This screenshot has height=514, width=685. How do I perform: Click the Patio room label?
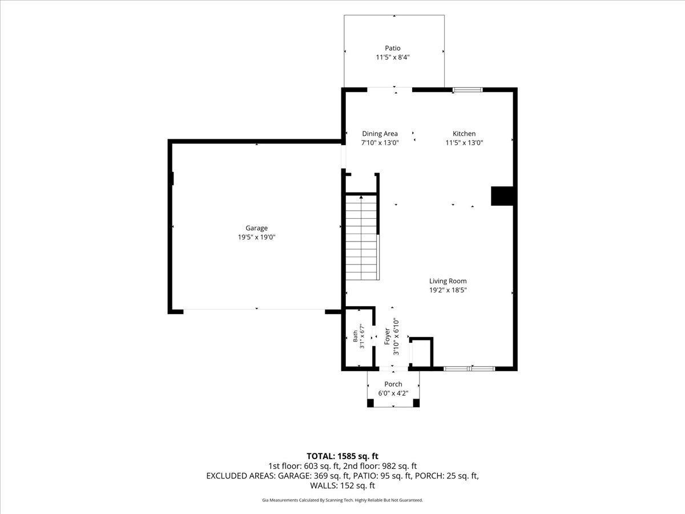pyautogui.click(x=393, y=48)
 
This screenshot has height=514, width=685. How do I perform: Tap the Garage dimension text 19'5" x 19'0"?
pyautogui.click(x=256, y=237)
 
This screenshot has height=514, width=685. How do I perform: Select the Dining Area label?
pyautogui.click(x=380, y=134)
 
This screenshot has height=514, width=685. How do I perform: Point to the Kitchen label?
pyautogui.click(x=464, y=134)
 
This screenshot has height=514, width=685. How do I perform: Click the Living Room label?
pyautogui.click(x=448, y=281)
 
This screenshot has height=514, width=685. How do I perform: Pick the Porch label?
pyautogui.click(x=393, y=384)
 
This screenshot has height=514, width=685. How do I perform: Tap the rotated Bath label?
pyautogui.click(x=355, y=336)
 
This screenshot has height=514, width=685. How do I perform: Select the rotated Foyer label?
pyautogui.click(x=387, y=336)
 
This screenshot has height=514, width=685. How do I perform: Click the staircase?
pyautogui.click(x=361, y=237)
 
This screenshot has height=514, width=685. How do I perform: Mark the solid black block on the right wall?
pyautogui.click(x=502, y=196)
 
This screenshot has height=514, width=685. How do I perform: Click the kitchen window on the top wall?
pyautogui.click(x=468, y=90)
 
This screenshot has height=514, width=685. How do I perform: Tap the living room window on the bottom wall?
pyautogui.click(x=469, y=368)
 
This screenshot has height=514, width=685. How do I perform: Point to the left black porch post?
pyautogui.click(x=370, y=403)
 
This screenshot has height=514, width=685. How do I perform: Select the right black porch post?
pyautogui.click(x=416, y=403)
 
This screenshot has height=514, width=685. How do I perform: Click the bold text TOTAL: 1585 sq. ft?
pyautogui.click(x=342, y=456)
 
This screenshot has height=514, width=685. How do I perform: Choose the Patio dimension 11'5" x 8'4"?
pyautogui.click(x=393, y=58)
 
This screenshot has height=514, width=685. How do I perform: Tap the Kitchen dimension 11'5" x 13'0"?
pyautogui.click(x=464, y=143)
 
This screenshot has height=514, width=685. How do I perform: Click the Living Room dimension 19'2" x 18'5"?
pyautogui.click(x=448, y=290)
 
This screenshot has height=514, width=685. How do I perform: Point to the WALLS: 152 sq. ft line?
pyautogui.click(x=342, y=485)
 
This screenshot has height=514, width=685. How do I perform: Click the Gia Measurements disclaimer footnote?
pyautogui.click(x=342, y=500)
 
